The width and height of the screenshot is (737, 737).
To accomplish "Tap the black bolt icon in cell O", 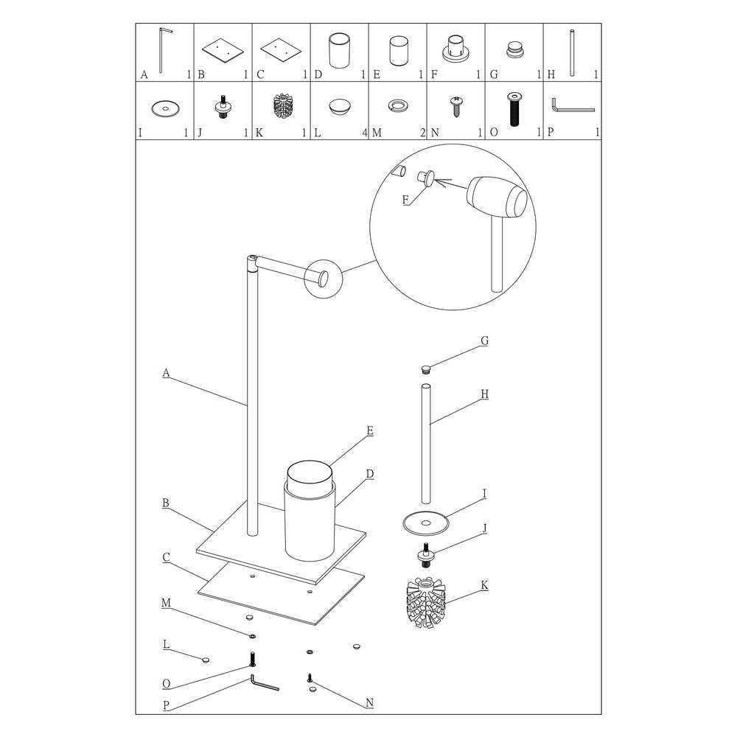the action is coord(514,109).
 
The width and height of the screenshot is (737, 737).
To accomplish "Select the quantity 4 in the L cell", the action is coord(365,133).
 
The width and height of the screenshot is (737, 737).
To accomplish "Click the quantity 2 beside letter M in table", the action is coord(423,133).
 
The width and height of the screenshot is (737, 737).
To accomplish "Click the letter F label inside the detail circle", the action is coord(405,200).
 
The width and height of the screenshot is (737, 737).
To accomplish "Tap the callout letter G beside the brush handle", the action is coord(485,340).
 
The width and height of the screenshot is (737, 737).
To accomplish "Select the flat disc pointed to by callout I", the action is coord(426,523).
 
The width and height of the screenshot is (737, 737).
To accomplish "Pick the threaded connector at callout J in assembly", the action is coord(426,555).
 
